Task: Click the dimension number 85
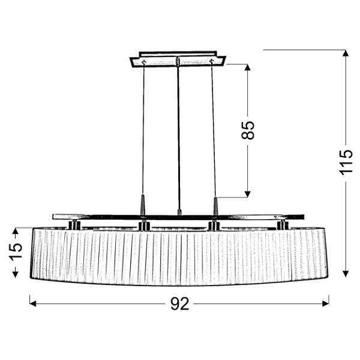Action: click(248, 130)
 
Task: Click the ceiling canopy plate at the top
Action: click(178, 61)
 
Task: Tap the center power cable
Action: click(179, 132)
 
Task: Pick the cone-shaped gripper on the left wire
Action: click(143, 204)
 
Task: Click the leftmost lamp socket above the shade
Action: click(74, 224)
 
